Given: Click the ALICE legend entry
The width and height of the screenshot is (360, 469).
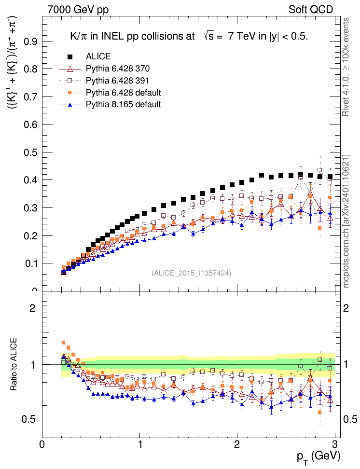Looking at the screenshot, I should point(98,56).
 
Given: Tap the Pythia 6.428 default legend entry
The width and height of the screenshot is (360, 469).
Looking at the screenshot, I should point(123,92).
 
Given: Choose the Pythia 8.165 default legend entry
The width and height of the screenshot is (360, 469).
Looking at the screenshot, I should point(123,104).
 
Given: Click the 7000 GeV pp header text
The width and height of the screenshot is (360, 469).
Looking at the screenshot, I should point(78,10).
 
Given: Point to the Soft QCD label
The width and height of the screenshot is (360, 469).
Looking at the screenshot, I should point(311,10).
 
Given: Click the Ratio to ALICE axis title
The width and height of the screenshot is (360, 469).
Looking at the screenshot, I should point(14,364).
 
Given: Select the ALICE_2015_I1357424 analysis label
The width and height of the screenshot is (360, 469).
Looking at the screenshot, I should point(191,273).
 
